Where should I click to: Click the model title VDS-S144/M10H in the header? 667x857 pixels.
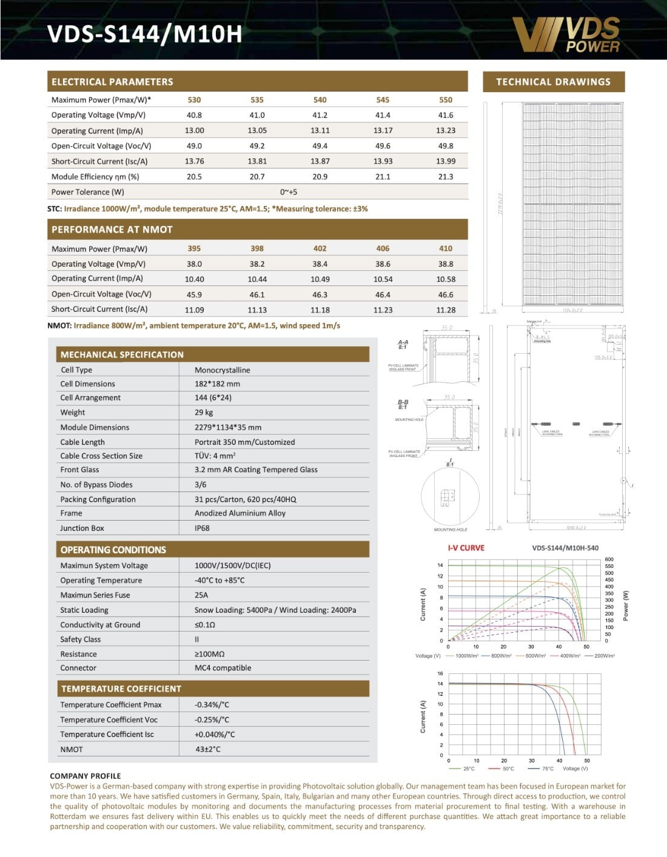click(144, 34)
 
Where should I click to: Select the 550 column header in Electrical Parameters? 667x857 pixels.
click(446, 100)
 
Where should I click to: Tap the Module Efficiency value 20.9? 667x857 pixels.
click(320, 176)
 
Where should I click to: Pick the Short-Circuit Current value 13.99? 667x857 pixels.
click(446, 161)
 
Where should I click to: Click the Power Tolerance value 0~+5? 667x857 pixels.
click(289, 192)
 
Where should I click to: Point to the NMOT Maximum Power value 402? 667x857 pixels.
click(320, 248)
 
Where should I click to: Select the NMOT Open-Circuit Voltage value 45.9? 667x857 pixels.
click(194, 295)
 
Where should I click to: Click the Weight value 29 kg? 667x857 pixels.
click(204, 412)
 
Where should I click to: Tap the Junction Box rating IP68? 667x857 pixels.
click(202, 528)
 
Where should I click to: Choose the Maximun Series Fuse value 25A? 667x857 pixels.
click(201, 595)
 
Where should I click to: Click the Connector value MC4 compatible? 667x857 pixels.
click(223, 668)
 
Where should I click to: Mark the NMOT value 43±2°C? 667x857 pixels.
click(207, 749)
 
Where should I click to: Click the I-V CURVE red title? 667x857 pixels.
click(466, 548)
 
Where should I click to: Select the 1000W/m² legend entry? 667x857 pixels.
click(466, 656)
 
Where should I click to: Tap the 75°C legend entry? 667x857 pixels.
click(548, 769)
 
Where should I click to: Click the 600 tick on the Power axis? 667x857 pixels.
click(609, 559)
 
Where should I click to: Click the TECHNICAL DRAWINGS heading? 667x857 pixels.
click(553, 82)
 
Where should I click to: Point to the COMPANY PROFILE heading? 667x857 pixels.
click(85, 776)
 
